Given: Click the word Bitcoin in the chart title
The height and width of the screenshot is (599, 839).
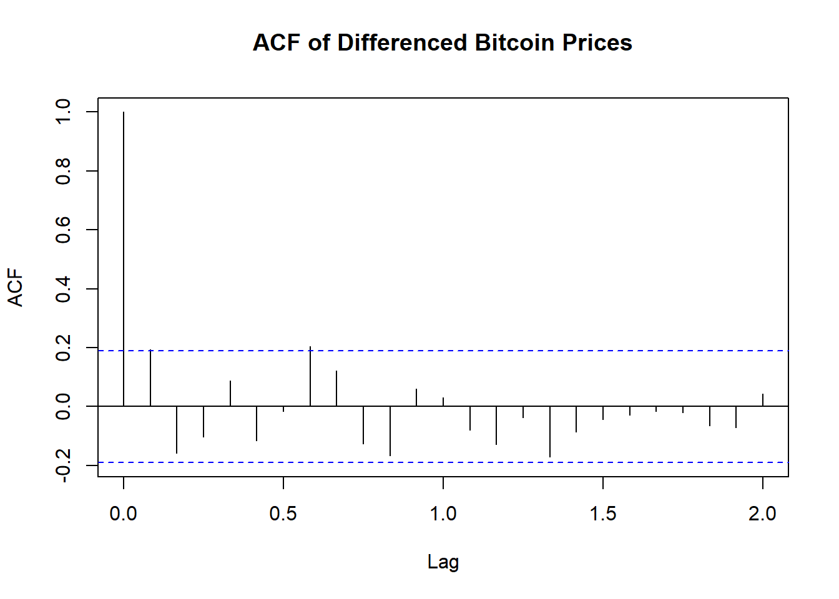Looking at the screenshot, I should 514,42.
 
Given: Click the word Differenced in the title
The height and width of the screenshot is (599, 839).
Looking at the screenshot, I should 402,42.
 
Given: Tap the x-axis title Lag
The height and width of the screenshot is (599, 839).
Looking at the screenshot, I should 443,562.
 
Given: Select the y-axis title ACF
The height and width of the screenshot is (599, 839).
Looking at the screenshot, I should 16,288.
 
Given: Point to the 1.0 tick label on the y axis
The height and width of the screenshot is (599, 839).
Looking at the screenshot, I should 63,112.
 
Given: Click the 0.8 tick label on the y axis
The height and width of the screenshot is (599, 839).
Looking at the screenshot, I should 63,171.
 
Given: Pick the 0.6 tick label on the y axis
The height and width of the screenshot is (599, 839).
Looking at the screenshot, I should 63,230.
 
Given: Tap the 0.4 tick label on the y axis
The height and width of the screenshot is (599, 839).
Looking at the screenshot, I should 63,289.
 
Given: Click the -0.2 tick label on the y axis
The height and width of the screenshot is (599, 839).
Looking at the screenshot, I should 63,465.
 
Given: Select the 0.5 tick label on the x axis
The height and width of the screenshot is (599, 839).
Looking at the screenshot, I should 283,514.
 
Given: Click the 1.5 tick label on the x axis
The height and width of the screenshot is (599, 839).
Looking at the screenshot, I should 602,514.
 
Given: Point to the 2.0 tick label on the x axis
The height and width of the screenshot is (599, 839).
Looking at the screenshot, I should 762,514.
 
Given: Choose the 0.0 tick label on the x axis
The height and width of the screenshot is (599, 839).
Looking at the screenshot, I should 124,514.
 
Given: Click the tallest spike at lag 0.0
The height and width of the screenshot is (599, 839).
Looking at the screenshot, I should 124,250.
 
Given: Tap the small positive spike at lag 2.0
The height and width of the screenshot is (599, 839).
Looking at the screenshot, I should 762,400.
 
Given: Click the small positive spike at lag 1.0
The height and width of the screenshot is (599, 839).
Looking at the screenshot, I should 443,402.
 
